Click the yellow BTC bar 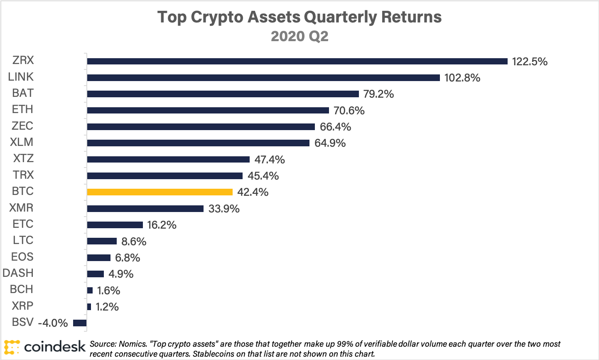coord(160,192)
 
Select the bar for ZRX coord(297,62)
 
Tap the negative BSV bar coord(80,323)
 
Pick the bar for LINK coord(263,78)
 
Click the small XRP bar coord(89,307)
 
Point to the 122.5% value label coord(530,62)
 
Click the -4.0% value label coord(53,323)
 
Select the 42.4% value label coord(253,192)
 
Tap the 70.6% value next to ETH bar coord(349,111)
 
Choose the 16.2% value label coord(162,225)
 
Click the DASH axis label coord(18,273)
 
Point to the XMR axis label coord(22,208)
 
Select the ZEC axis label coord(22,126)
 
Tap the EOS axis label coord(22,257)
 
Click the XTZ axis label coord(23,159)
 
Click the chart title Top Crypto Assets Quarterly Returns coord(299,17)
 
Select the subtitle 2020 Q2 coord(299,37)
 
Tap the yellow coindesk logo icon coord(12,347)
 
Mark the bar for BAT coord(223,94)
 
